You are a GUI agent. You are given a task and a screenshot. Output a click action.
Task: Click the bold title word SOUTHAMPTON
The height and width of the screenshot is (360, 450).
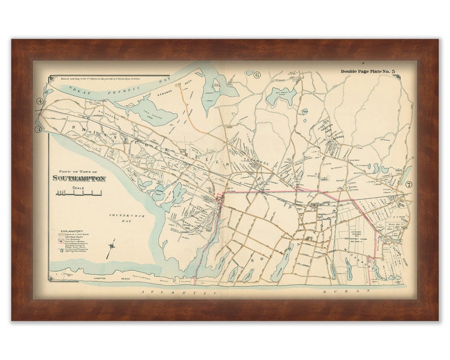click(x=79, y=178)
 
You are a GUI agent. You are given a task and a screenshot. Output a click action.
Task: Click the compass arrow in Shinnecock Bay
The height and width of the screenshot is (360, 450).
click(x=111, y=248)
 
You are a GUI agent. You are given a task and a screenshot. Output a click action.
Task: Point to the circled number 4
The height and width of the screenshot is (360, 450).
click(x=40, y=102)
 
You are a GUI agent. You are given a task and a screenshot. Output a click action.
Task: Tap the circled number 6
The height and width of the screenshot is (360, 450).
click(x=256, y=74)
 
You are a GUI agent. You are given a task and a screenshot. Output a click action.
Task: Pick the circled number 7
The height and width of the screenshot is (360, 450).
click(x=408, y=184)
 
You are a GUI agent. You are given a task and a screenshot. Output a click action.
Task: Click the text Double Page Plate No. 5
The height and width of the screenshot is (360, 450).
click(x=368, y=71)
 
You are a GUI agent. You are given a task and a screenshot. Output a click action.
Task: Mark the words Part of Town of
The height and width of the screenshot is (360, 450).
click(x=79, y=171)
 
